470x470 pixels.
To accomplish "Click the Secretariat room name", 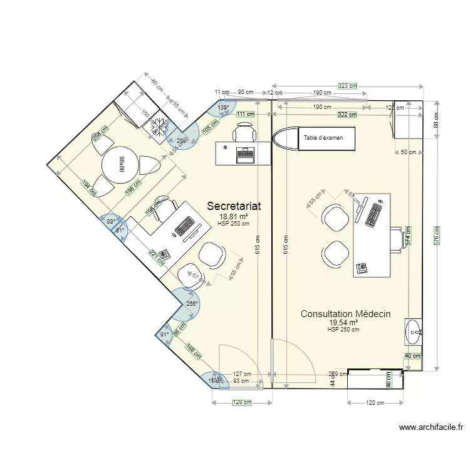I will (234, 206).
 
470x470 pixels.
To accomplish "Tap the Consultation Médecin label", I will (346, 314).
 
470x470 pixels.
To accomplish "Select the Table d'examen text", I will (323, 138).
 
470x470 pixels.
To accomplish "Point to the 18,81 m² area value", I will (234, 216).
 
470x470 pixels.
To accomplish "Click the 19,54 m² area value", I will (343, 323).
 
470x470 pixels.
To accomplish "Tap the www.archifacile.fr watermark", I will (431, 427).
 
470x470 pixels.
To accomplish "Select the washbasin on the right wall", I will (414, 332).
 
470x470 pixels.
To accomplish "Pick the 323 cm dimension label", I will (347, 86).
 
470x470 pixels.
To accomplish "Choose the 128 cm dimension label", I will (241, 403).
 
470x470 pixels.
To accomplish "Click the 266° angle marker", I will (192, 304).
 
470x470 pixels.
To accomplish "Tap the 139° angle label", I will (223, 108).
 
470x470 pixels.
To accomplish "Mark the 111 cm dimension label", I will (246, 114).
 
